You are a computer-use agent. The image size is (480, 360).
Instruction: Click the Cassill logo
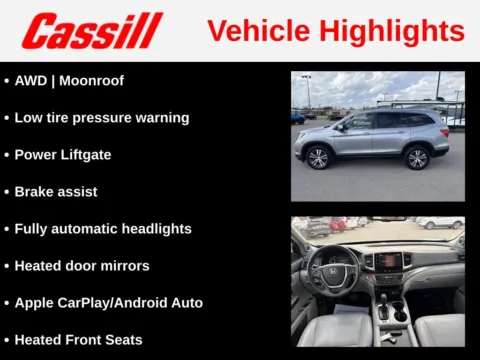[93, 31]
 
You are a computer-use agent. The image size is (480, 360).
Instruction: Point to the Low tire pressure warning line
[101, 117]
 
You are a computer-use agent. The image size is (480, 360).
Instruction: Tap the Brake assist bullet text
[56, 191]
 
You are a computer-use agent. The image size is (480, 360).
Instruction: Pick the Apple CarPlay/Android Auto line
[108, 302]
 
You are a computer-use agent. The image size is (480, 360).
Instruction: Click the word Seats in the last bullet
[122, 339]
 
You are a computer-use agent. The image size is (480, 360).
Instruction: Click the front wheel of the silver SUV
[320, 158]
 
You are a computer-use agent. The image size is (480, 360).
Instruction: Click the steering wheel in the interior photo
[332, 268]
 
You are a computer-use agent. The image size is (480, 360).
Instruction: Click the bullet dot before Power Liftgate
[7, 154]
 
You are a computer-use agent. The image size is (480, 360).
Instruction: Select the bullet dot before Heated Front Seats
[7, 339]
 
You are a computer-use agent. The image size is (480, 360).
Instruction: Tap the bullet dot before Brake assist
[7, 191]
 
